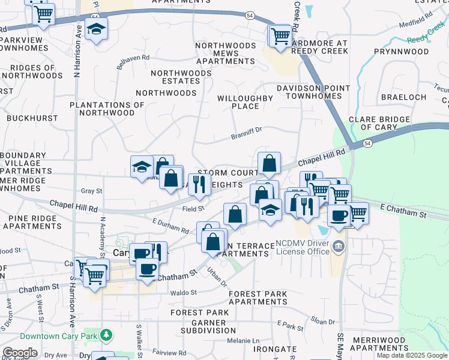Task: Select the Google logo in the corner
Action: [x=20, y=353]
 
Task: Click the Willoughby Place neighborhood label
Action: [x=246, y=101]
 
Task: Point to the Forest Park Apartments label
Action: [x=258, y=298]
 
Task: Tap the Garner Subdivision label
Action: [x=201, y=326]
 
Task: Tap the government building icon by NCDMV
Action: [x=338, y=246]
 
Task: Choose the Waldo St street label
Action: [x=183, y=292]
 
